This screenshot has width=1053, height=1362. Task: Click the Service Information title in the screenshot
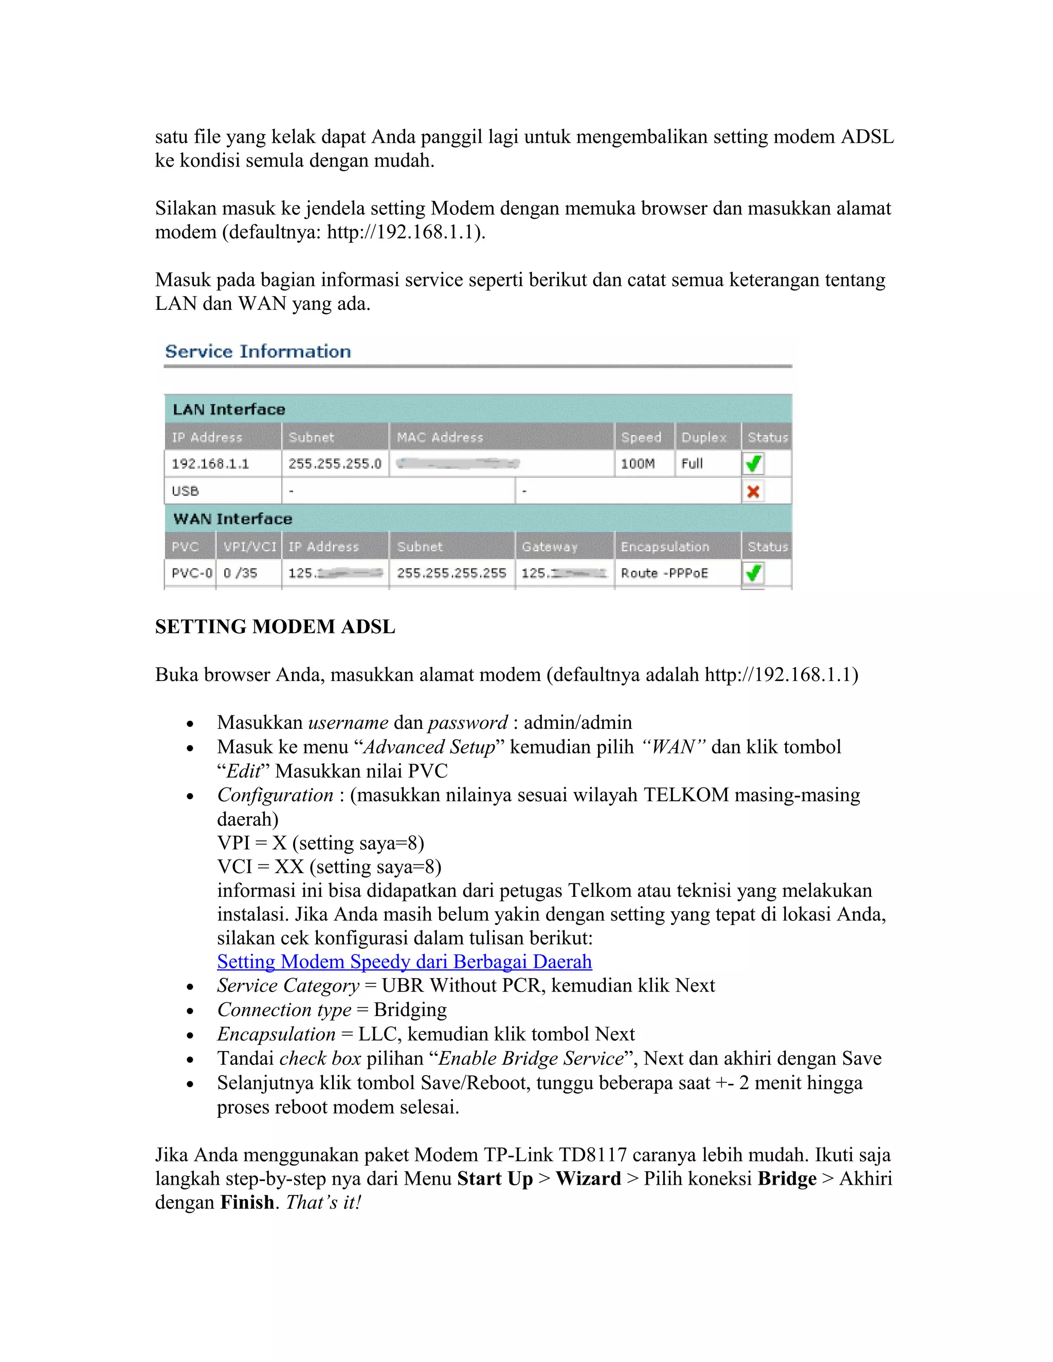coord(258,352)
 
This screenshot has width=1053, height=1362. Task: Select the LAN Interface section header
coord(229,410)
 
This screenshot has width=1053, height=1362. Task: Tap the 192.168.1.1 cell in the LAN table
coord(210,464)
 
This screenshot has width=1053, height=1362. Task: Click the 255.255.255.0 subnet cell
coord(334,464)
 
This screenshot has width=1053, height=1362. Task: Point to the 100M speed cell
coord(638,464)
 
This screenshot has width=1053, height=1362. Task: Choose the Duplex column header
coord(704,437)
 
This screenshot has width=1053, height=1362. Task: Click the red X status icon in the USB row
coord(753,491)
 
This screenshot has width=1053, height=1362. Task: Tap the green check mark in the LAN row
coord(753,464)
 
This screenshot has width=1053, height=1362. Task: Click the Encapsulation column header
coord(665,547)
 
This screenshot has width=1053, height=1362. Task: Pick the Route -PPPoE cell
coord(664,573)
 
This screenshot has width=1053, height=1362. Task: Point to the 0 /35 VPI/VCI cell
coord(240,573)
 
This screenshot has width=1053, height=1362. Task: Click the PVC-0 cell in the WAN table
coord(191,573)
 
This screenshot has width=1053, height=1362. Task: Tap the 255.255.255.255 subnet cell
coord(451,573)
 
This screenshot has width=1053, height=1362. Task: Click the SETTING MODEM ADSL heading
coord(275,627)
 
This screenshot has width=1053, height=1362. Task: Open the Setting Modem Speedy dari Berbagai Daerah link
coord(404,962)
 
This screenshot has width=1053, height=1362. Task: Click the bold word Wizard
coord(588,1179)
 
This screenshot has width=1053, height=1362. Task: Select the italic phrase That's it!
coord(323,1202)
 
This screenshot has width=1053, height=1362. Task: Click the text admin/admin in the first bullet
coord(577,723)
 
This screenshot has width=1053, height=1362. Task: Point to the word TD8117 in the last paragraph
coord(593,1155)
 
